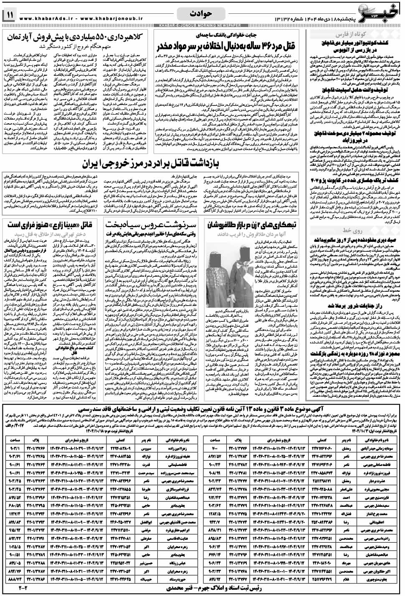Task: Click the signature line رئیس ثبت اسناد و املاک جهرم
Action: point(202,588)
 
